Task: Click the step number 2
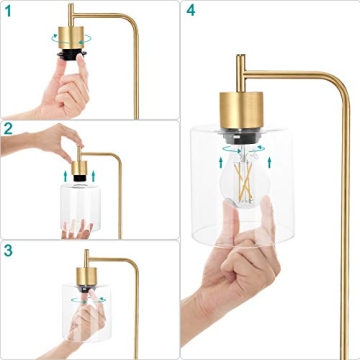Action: coord(8,128)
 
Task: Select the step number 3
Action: coord(8,250)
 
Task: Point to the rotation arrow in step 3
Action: coord(71,297)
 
